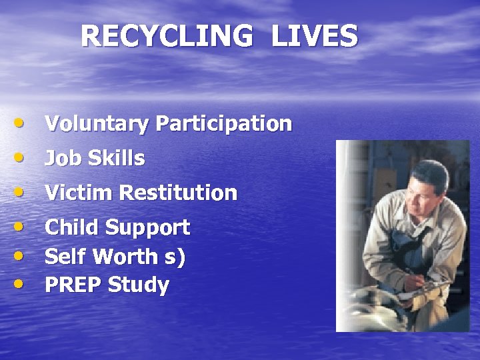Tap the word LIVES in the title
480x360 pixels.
[x=315, y=37]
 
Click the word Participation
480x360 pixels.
[x=223, y=124]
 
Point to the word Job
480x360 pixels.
[x=60, y=159]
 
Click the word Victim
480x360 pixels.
[x=79, y=193]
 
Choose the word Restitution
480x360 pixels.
[x=178, y=193]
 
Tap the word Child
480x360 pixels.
[x=72, y=227]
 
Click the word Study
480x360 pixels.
[x=139, y=286]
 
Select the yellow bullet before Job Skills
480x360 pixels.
[x=22, y=158]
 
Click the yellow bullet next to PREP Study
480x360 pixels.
[x=22, y=285]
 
